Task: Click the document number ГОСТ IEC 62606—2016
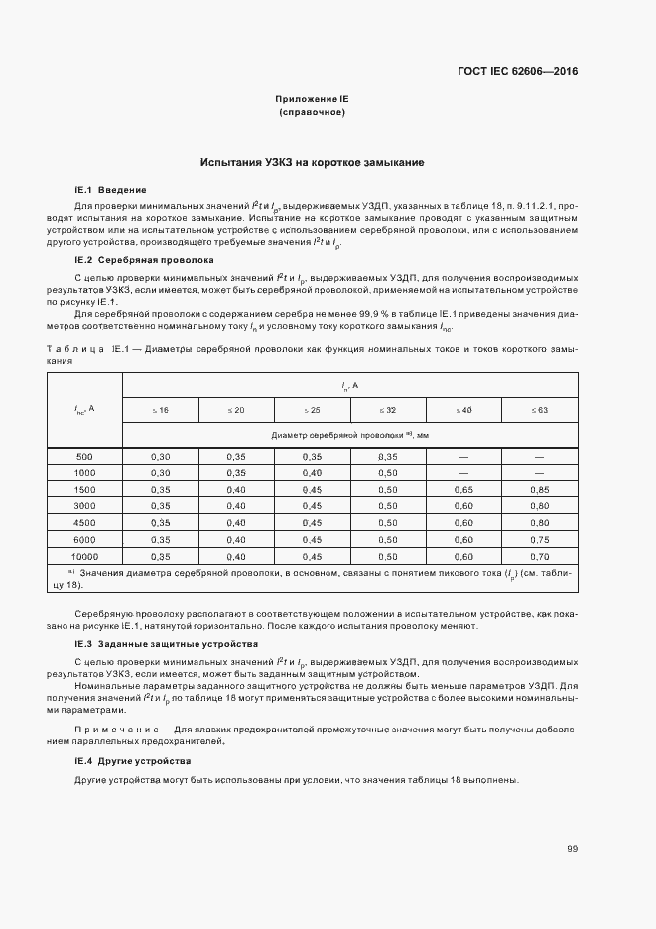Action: coord(518,71)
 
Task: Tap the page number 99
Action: coord(572,848)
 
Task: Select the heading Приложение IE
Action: coord(313,99)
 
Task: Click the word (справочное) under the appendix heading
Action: coord(313,113)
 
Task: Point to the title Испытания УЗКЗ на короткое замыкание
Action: coord(313,162)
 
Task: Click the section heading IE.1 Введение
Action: coord(110,189)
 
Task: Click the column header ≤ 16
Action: coord(160,409)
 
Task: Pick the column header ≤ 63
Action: coord(539,409)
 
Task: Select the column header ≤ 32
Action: coord(387,409)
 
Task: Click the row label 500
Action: coord(84,456)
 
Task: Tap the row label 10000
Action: coord(84,557)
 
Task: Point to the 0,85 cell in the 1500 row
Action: coord(539,489)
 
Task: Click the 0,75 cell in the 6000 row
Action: coord(539,540)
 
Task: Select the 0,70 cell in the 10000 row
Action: coord(539,557)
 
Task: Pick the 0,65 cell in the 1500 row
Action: coord(462,489)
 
